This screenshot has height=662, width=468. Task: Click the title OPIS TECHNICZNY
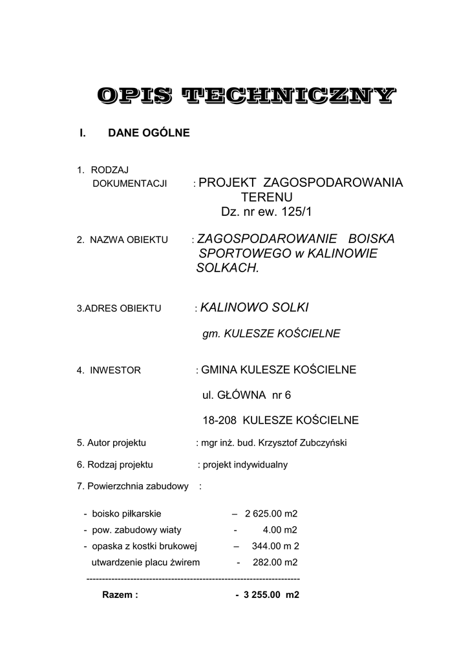click(244, 96)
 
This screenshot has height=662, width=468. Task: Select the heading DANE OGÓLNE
click(149, 133)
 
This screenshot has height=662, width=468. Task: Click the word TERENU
click(267, 197)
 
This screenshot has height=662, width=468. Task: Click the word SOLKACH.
click(227, 268)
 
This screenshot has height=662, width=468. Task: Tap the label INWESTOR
click(116, 370)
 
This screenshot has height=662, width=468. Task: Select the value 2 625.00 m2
click(271, 514)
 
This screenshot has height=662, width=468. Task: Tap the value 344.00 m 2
click(275, 546)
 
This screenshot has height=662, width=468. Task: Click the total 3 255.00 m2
click(272, 595)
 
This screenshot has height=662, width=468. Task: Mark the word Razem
click(120, 595)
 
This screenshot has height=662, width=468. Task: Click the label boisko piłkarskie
click(127, 514)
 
